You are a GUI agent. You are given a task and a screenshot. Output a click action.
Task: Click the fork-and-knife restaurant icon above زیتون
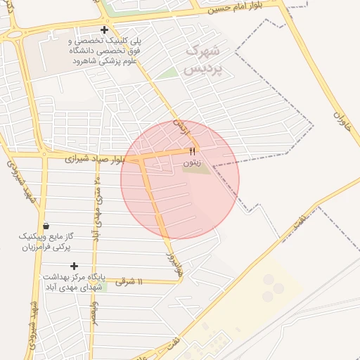(x=193, y=150)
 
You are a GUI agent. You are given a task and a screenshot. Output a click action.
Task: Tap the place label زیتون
(x=192, y=162)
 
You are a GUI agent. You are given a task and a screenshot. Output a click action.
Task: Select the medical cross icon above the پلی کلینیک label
(x=105, y=30)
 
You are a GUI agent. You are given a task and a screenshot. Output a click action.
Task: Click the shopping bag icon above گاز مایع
(x=46, y=226)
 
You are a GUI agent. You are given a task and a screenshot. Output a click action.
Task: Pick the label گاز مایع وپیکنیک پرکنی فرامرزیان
(x=46, y=242)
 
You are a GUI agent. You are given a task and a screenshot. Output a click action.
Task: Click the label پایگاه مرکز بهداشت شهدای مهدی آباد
(x=73, y=282)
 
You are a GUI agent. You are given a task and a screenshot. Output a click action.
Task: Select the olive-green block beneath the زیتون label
(x=200, y=169)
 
